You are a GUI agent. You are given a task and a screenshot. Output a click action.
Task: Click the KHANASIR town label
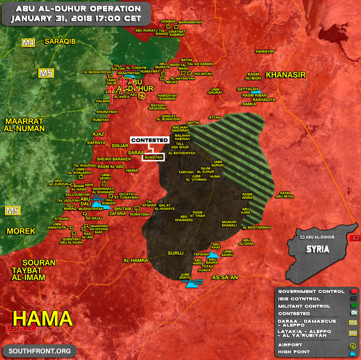pyautogui.click(x=286, y=75)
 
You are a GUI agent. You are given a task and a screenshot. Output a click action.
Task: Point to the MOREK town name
pyautogui.click(x=21, y=231)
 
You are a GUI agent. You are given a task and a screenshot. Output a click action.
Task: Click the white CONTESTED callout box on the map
pyautogui.click(x=150, y=140)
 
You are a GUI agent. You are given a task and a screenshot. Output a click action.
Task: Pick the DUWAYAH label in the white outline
pyautogui.click(x=153, y=157)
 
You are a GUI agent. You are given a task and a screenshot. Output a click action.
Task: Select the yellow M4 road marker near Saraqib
pyautogui.click(x=29, y=43)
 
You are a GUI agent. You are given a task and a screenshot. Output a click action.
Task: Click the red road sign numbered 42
pyautogui.click(x=355, y=238)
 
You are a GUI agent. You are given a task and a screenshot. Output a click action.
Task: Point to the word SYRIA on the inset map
pyautogui.click(x=318, y=249)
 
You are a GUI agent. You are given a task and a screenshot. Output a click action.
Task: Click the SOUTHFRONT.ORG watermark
pyautogui.click(x=39, y=351)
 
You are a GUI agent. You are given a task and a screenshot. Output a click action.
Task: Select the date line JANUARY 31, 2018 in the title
pyautogui.click(x=76, y=19)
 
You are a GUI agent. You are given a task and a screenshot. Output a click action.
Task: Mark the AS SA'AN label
pyautogui.click(x=225, y=277)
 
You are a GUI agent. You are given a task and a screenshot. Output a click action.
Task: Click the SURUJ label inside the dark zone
pyautogui.click(x=176, y=253)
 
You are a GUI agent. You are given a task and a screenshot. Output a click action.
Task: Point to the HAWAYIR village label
pyautogui.click(x=265, y=51)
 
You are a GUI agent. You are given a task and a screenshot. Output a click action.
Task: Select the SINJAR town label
pyautogui.click(x=119, y=145)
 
